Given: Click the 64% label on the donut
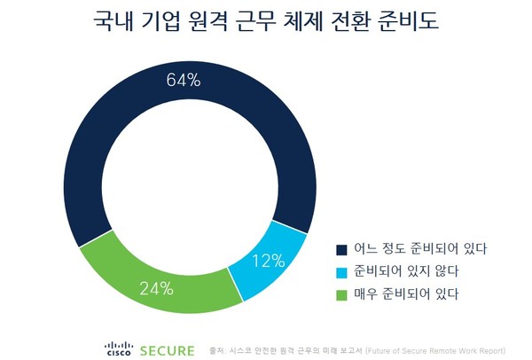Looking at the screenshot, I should point(184,81).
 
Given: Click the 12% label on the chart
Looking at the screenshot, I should point(267,261).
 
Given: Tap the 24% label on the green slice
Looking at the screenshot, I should point(156,289).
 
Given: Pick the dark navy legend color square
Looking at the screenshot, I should point(341,248).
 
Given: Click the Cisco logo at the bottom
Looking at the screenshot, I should point(119,348).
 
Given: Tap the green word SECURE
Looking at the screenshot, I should point(166,349).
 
